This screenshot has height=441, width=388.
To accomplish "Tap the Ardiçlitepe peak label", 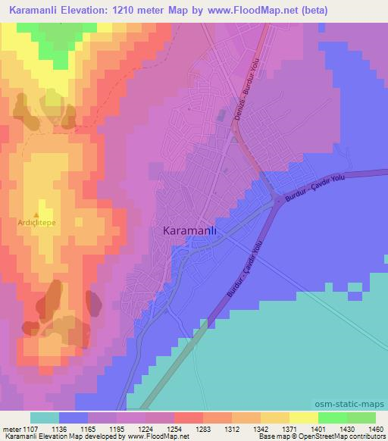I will coord(37,223).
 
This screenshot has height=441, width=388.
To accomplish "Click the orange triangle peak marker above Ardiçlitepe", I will coord(36,214).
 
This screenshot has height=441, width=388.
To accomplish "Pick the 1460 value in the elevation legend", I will coord(366,429).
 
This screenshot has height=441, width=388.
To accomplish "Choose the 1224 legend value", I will coord(147,429).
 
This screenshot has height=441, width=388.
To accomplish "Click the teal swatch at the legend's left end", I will coord(45,418).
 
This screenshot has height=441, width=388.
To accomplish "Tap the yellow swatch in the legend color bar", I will coord(303,418).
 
